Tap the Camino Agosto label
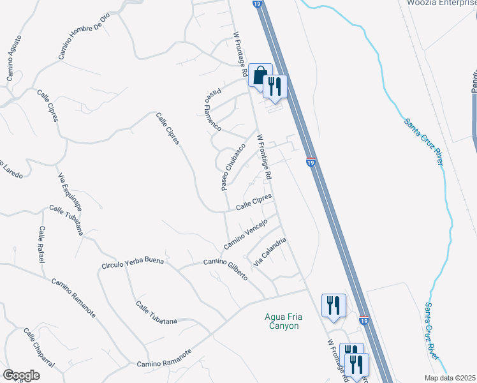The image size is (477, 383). [13, 61]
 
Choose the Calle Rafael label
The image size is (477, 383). [41, 244]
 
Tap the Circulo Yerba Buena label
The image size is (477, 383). [133, 262]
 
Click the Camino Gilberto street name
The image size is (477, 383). [225, 268]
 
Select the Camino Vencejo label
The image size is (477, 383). [244, 239]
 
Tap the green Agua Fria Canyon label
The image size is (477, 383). [282, 320]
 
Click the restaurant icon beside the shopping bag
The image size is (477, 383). [275, 87]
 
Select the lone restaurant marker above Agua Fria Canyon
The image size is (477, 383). [334, 305]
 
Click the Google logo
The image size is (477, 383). [20, 375]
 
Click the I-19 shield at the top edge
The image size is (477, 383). [256, 3]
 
